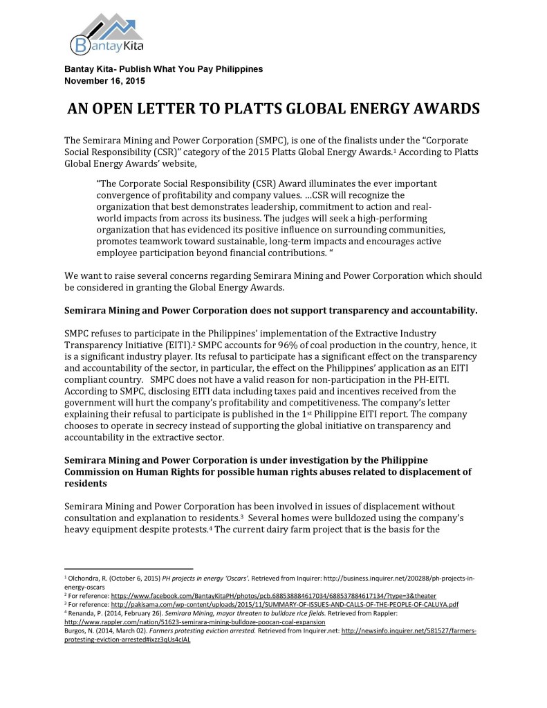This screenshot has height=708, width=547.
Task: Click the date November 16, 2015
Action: pyautogui.click(x=104, y=80)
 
